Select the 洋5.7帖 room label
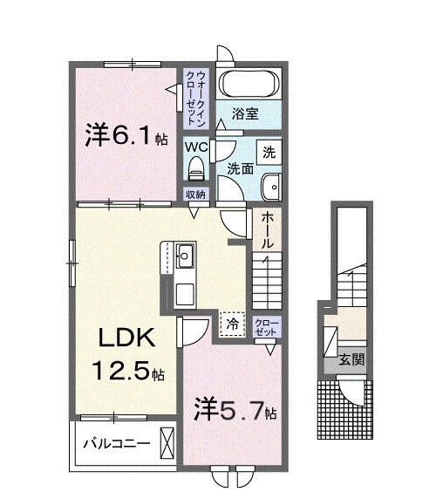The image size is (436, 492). (235, 410)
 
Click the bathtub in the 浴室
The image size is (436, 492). (248, 85)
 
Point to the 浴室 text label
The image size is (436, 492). (245, 113)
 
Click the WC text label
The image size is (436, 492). (194, 146)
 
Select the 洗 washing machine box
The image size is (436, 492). (270, 151)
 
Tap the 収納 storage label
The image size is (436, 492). (194, 194)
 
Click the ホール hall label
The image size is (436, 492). (268, 229)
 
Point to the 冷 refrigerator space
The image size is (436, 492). (232, 324)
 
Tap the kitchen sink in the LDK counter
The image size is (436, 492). (185, 258)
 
